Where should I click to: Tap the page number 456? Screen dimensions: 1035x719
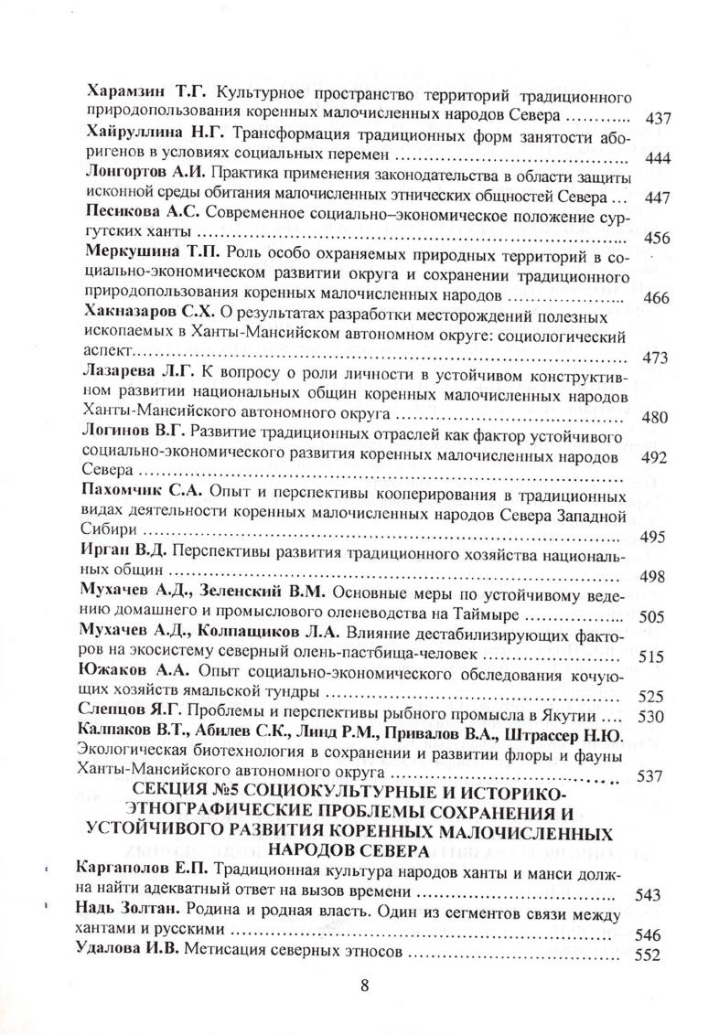point(659,238)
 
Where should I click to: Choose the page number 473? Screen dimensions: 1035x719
point(659,357)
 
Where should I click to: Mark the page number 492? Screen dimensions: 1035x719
point(659,454)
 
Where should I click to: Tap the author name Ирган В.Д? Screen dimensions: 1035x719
point(124,552)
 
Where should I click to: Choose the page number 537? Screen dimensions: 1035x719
point(659,777)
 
